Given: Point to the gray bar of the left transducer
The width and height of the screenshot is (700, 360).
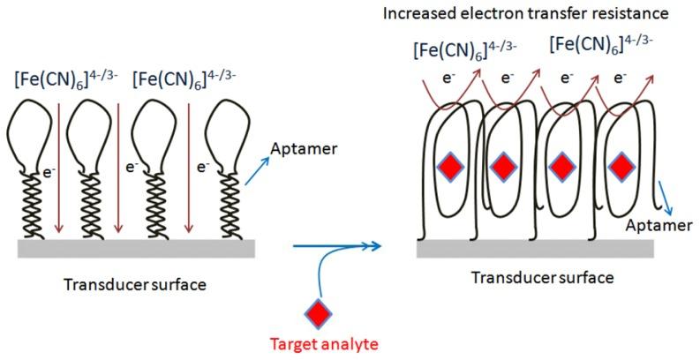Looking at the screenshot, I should tap(137, 247).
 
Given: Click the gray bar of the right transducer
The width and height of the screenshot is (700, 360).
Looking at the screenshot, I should tap(535, 249).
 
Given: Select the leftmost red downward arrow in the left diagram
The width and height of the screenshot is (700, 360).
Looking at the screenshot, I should tap(56, 168).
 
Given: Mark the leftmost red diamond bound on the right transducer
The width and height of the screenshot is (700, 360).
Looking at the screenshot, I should tap(450, 166).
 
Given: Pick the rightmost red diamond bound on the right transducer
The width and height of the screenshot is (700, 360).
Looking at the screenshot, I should tap(621, 166).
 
